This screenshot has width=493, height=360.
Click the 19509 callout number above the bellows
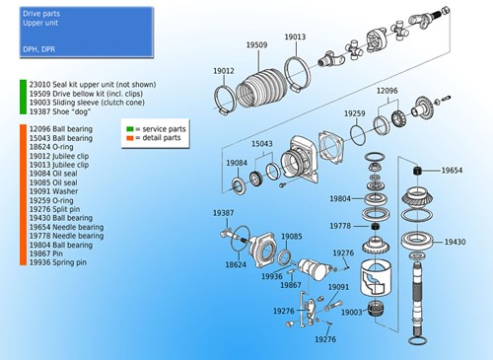point(256,44)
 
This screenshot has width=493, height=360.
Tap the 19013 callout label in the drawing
point(296,36)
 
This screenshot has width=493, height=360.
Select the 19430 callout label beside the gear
point(455,242)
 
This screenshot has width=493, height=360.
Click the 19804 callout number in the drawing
point(340,199)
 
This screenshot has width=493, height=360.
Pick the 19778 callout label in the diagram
point(340,226)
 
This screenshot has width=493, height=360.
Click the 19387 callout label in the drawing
point(224,212)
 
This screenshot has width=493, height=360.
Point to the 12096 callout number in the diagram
point(387,91)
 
